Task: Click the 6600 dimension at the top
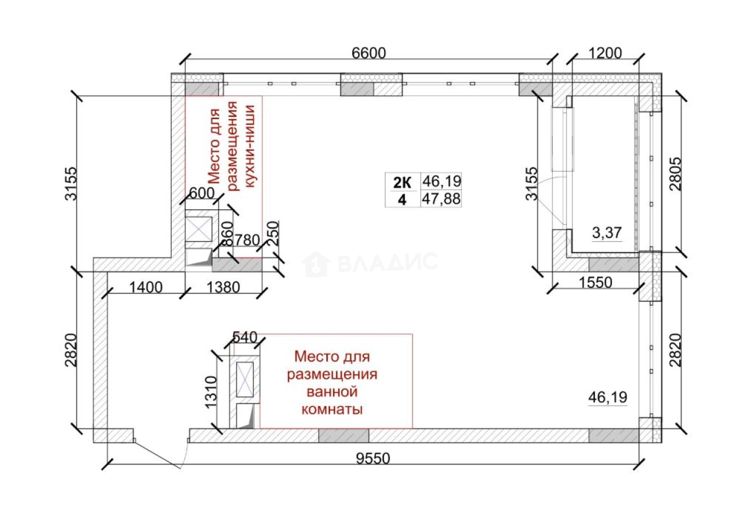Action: click(369, 53)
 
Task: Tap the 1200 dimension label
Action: click(605, 53)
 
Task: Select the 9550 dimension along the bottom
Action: click(374, 459)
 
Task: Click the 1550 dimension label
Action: click(595, 282)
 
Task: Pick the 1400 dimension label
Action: click(146, 288)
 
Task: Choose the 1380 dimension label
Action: click(223, 288)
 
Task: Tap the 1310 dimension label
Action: click(211, 392)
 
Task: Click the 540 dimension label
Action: click(245, 337)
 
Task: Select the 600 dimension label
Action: click(202, 193)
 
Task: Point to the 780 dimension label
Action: click(247, 240)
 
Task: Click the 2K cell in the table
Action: click(402, 182)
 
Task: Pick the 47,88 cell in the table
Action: click(441, 199)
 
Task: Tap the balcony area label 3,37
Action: click(607, 233)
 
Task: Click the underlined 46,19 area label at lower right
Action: click(608, 397)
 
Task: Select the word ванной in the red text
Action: click(332, 392)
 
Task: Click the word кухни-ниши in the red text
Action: click(250, 146)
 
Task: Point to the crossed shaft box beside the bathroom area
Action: click(245, 379)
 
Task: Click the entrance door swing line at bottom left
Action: click(158, 453)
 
